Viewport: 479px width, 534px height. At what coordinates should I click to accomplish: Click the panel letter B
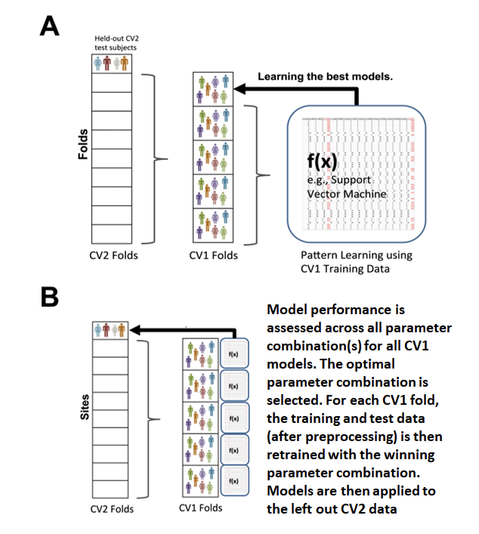pyautogui.click(x=49, y=298)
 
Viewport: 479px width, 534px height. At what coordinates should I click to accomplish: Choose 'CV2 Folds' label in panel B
pyautogui.click(x=113, y=508)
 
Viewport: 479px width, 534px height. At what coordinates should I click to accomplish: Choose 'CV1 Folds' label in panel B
pyautogui.click(x=200, y=508)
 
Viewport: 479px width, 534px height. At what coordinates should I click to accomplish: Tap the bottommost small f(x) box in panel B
pyautogui.click(x=233, y=480)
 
